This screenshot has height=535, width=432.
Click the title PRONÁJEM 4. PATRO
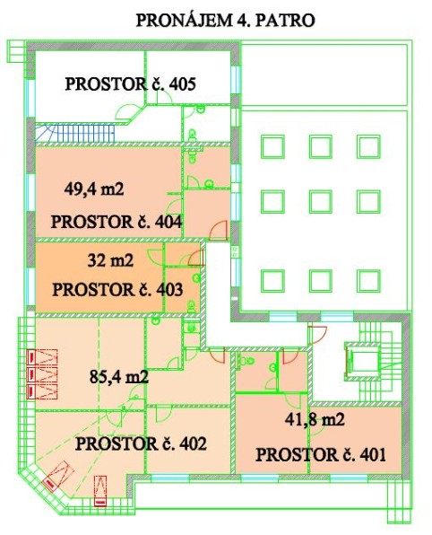tap(225, 21)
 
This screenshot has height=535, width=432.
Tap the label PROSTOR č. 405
tap(131, 84)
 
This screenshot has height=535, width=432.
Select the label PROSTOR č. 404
tap(117, 222)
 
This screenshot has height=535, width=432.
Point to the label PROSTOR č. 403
tap(117, 290)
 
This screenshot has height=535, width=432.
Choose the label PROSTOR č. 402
tap(141, 444)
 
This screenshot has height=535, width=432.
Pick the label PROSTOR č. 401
tap(321, 455)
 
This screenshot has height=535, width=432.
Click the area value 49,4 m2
tap(94, 189)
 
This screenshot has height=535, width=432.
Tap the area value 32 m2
tap(110, 260)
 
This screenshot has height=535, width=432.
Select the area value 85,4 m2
tap(119, 377)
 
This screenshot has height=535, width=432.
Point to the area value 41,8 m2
tap(315, 419)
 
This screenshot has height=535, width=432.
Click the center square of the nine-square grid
tap(321, 202)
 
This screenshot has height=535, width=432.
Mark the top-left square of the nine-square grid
tap(272, 146)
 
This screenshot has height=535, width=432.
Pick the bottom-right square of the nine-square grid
tap(368, 281)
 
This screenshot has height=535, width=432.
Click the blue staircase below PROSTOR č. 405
tap(75, 133)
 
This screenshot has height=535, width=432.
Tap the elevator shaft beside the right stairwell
tap(362, 362)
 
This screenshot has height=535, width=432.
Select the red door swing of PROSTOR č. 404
tap(219, 230)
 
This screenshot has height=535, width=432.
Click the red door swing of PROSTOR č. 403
tap(196, 259)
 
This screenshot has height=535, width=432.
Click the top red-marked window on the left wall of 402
tap(42, 357)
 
